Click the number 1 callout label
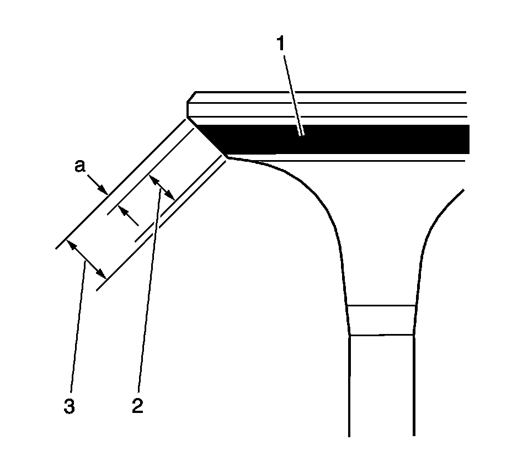click(281, 44)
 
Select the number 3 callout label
click(68, 407)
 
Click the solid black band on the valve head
click(353, 139)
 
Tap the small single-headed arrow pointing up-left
click(128, 216)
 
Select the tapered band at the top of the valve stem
click(382, 320)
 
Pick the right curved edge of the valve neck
click(436, 221)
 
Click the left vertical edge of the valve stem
click(350, 386)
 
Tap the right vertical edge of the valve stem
click(414, 386)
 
